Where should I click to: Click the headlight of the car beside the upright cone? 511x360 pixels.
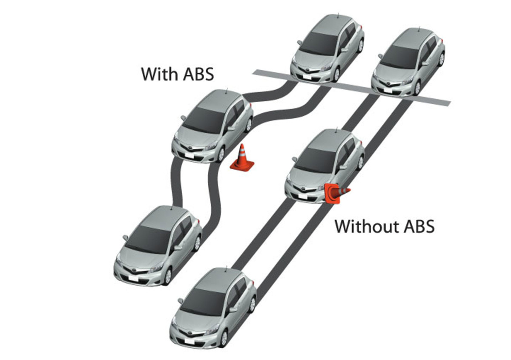pyautogui.click(x=210, y=146)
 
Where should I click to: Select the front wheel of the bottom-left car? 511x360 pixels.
pyautogui.click(x=167, y=277)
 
